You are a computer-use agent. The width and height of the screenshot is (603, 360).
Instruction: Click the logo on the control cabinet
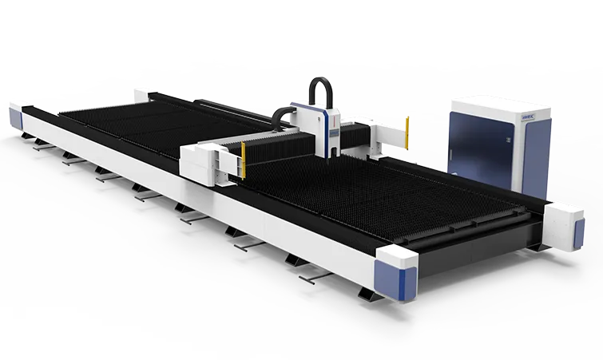(x=462, y=115)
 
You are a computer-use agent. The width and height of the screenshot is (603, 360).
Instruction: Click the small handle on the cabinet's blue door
(x=508, y=140)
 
